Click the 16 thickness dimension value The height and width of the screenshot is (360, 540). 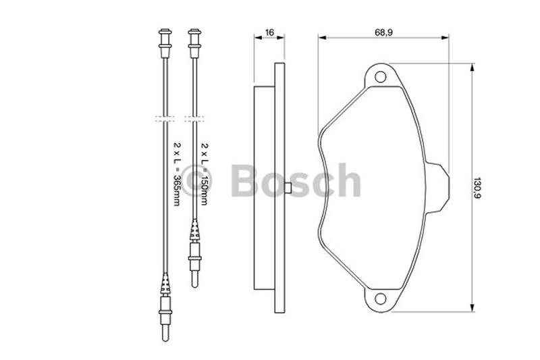pos(269,32)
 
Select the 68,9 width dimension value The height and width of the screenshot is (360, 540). pos(383,32)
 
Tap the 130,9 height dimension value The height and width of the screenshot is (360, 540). pos(477,188)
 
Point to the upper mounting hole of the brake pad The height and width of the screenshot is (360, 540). pos(380,76)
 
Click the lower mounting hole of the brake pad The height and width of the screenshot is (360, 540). pos(380,299)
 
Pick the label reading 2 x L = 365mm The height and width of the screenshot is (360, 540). pos(176,174)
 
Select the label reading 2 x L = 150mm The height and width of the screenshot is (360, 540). pos(205,174)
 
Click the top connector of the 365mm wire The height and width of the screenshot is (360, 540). pos(165,43)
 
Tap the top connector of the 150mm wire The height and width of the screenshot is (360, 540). pos(194,43)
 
